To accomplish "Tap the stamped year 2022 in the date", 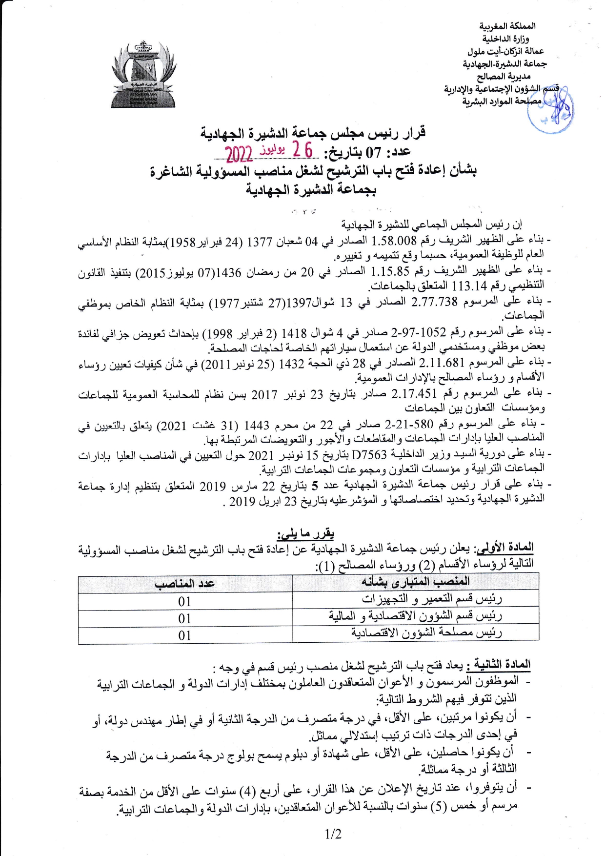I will pos(239,154).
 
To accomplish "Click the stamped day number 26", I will pos(302,150).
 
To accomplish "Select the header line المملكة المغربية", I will pos(507,26).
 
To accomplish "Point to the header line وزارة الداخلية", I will pos(505,39).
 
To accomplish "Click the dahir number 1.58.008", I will pos(394,241).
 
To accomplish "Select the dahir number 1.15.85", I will pos(390,272).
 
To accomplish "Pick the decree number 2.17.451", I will pos(414,394).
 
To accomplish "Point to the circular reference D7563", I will pos(369,455).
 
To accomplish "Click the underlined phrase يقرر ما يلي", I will pos(305,534).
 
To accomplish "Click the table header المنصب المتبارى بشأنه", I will pos(415,581).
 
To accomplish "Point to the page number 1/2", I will pos(333,834).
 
